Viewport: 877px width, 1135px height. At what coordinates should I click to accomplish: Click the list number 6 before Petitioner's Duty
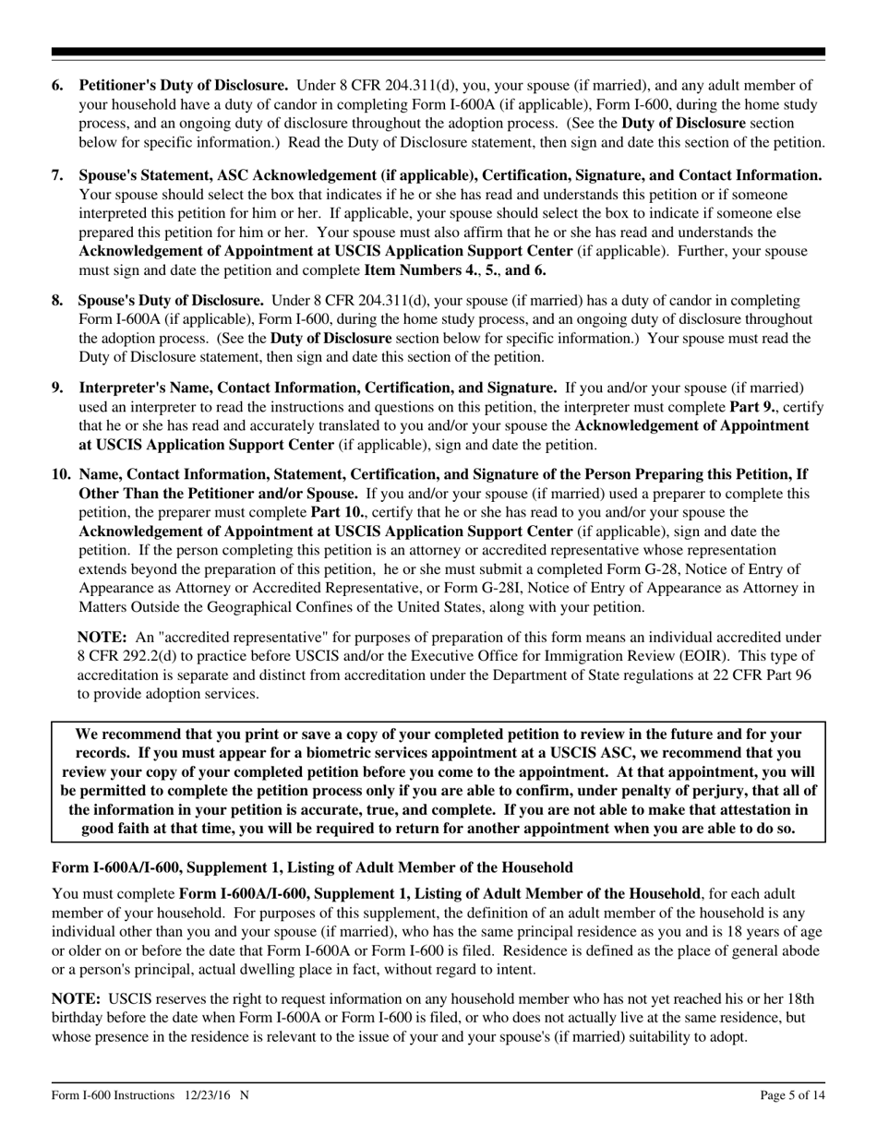(57, 86)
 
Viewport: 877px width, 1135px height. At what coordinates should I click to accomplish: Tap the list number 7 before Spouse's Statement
(57, 175)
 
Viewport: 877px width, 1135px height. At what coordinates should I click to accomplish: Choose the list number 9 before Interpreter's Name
(57, 387)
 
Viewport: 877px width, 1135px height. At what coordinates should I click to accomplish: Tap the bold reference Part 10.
(358, 512)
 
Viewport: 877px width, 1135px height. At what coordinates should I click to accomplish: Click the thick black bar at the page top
(438, 53)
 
